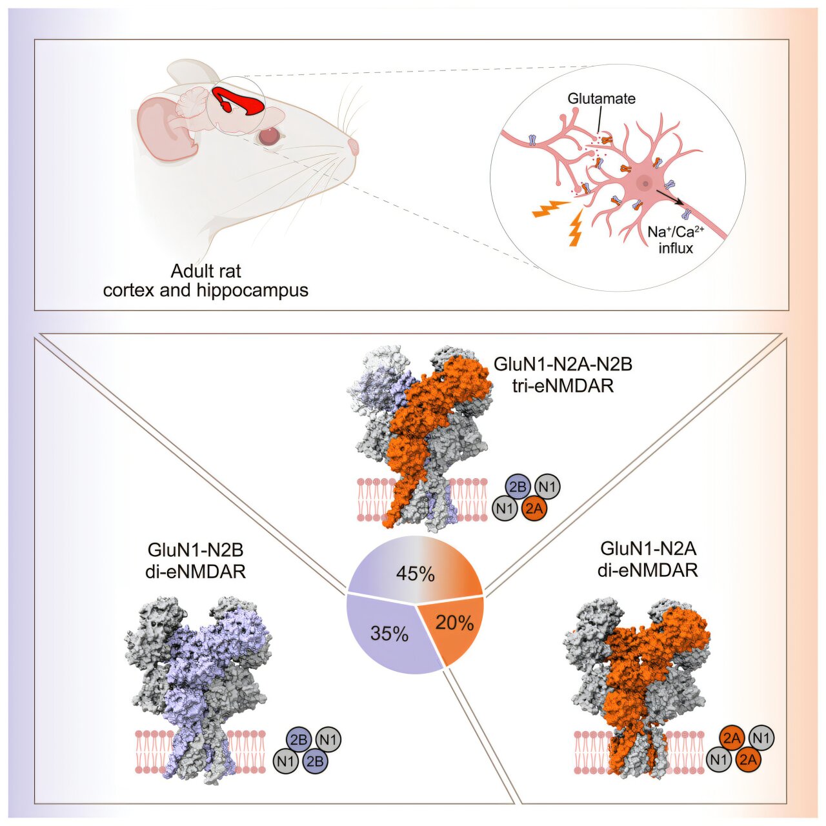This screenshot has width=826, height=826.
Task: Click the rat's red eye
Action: (x=268, y=136)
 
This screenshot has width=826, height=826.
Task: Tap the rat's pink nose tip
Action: (x=354, y=146)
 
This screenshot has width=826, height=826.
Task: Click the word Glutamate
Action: (x=601, y=99)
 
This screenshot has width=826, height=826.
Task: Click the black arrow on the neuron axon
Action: (x=671, y=197)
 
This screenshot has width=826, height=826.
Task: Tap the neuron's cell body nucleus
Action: (x=643, y=184)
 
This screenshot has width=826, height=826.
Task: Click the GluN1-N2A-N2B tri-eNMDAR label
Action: (x=563, y=374)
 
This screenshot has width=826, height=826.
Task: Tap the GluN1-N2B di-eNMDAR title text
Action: (x=196, y=561)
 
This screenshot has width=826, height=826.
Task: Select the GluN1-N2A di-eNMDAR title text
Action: (x=648, y=559)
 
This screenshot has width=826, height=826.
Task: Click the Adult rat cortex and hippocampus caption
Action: (x=206, y=281)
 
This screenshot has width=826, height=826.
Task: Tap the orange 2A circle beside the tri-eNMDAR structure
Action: (x=534, y=509)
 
